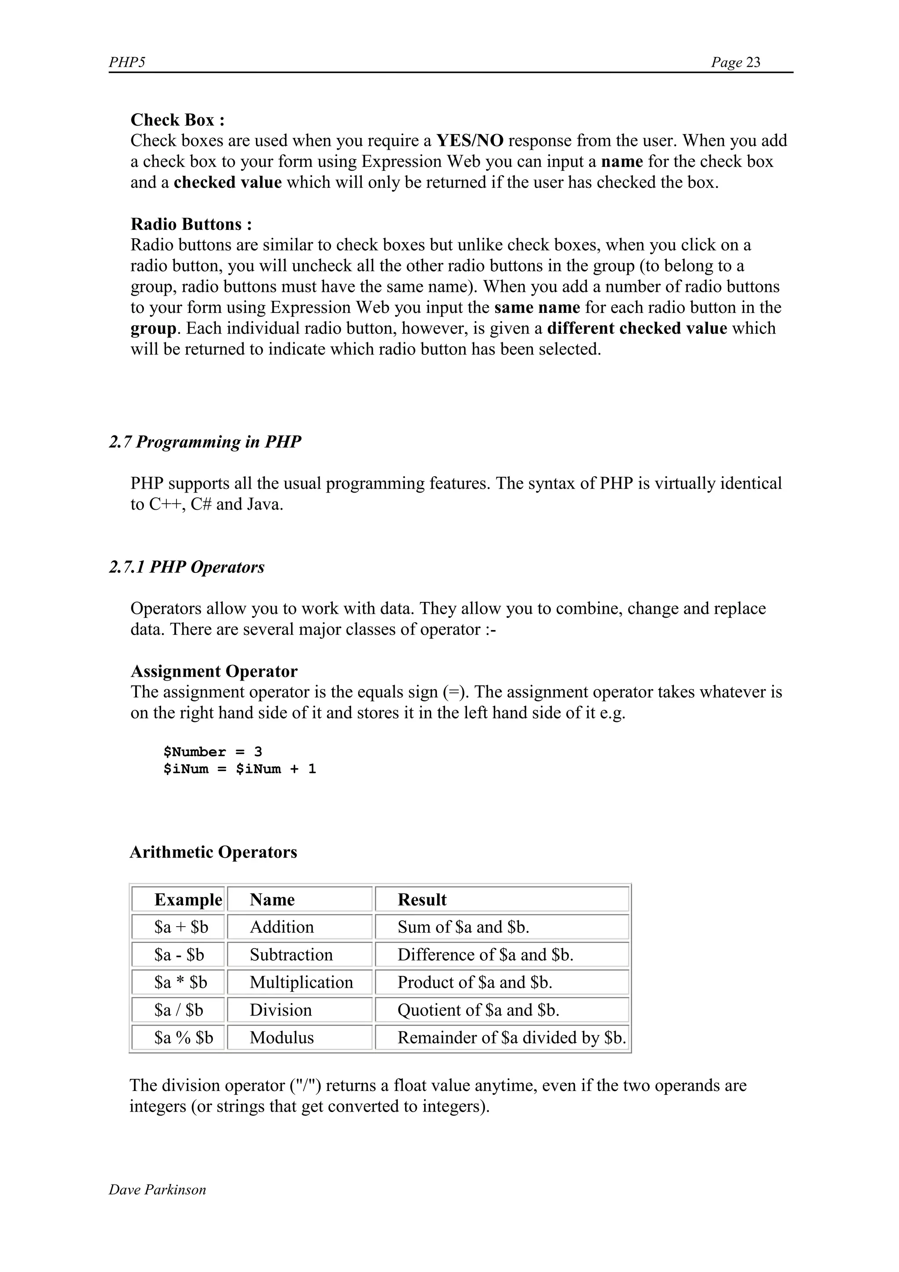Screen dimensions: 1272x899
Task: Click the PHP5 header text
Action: [x=127, y=62]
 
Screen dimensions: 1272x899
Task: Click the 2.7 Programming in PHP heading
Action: [x=205, y=442]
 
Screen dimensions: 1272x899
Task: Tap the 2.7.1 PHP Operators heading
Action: [x=187, y=567]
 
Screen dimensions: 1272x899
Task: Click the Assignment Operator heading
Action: [x=214, y=671]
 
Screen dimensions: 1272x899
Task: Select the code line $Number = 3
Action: [x=212, y=752]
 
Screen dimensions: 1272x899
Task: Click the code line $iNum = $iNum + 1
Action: [x=239, y=769]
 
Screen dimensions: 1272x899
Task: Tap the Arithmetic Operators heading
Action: [x=213, y=852]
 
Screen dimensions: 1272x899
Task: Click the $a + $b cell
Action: [x=181, y=927]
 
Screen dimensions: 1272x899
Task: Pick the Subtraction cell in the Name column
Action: [x=291, y=955]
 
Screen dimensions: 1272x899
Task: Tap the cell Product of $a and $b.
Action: [x=475, y=982]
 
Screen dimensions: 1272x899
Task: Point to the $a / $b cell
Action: [x=178, y=1010]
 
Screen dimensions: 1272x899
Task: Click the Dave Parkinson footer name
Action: [x=157, y=1189]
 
